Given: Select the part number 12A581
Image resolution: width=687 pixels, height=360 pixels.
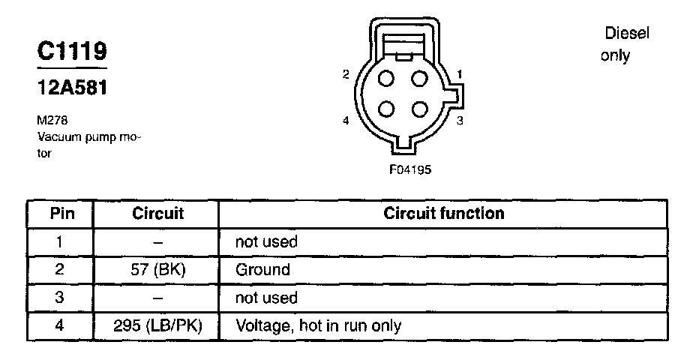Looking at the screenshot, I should (73, 88).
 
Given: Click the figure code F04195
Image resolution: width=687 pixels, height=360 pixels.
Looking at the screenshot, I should (409, 169).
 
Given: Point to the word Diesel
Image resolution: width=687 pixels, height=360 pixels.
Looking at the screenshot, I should (626, 34).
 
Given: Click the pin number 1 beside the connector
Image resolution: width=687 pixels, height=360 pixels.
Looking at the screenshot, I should (460, 73).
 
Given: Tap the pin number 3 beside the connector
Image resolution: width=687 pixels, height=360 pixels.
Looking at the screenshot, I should (460, 120).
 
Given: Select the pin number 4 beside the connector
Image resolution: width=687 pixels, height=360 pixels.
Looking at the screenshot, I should (346, 120).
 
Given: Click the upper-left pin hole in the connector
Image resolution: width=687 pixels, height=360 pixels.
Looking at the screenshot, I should (388, 79).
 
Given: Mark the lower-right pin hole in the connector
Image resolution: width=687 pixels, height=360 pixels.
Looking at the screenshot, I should (419, 107).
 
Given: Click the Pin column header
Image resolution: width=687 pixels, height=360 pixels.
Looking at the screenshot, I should (61, 214).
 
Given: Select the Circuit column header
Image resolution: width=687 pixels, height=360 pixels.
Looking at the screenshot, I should (157, 214).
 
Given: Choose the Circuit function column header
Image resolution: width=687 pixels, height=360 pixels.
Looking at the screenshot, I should (444, 214).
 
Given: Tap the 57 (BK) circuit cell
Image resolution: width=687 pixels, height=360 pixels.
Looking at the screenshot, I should (157, 270).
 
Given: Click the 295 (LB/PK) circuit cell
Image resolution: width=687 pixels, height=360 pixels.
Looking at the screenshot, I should (157, 326).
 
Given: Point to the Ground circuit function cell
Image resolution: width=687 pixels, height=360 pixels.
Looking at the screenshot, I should (262, 270).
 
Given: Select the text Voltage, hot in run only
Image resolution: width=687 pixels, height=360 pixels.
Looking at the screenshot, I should (319, 326).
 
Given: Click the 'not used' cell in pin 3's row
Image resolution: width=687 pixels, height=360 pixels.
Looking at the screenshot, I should (266, 298).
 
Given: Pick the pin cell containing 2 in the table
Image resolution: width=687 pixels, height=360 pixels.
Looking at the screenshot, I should (61, 270).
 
